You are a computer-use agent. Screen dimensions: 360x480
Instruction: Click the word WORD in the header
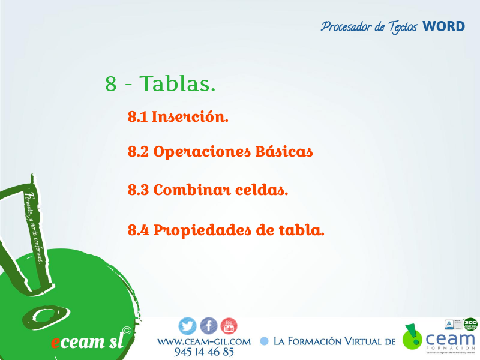pyautogui.click(x=443, y=26)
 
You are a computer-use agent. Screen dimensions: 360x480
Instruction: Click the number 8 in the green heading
pyautogui.click(x=111, y=84)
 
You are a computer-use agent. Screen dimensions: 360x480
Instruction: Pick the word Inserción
pyautogui.click(x=190, y=116)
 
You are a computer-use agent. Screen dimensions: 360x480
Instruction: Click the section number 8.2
pyautogui.click(x=138, y=152)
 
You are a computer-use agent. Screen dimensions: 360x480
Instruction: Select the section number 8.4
pyautogui.click(x=138, y=230)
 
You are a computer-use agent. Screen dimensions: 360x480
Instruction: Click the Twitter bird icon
pyautogui.click(x=188, y=326)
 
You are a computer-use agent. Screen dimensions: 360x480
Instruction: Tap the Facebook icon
pyautogui.click(x=208, y=326)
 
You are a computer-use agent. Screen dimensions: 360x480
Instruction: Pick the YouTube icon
pyautogui.click(x=229, y=326)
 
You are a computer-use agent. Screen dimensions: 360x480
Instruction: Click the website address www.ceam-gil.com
pyautogui.click(x=204, y=341)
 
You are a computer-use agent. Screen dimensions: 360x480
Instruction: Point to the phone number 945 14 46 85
pyautogui.click(x=204, y=352)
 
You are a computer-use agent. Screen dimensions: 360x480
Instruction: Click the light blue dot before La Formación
pyautogui.click(x=264, y=341)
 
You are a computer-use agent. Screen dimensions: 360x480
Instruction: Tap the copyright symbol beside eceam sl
pyautogui.click(x=127, y=330)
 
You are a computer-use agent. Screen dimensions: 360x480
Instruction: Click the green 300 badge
pyautogui.click(x=470, y=324)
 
